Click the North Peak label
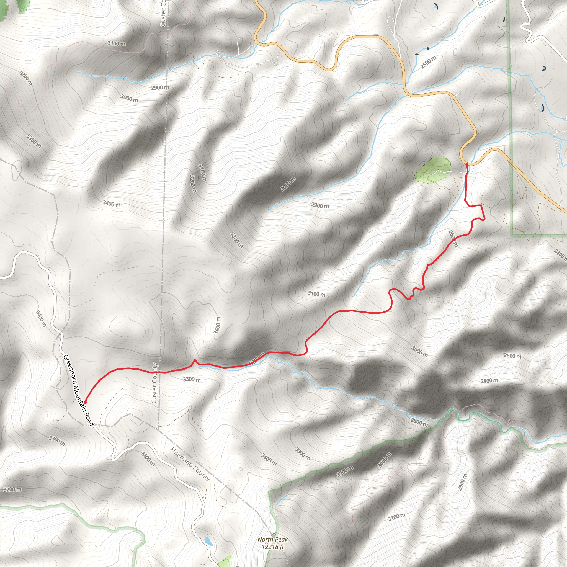point(272,539)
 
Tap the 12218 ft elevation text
point(273,547)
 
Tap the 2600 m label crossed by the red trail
point(453,239)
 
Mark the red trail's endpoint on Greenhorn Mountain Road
point(85,402)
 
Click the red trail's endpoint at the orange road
point(467,165)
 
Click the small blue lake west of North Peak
point(208,541)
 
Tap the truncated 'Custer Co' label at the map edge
point(163,13)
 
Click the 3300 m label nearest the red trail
point(192,380)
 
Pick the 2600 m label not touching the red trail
point(512,356)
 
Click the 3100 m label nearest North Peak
point(396,517)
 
